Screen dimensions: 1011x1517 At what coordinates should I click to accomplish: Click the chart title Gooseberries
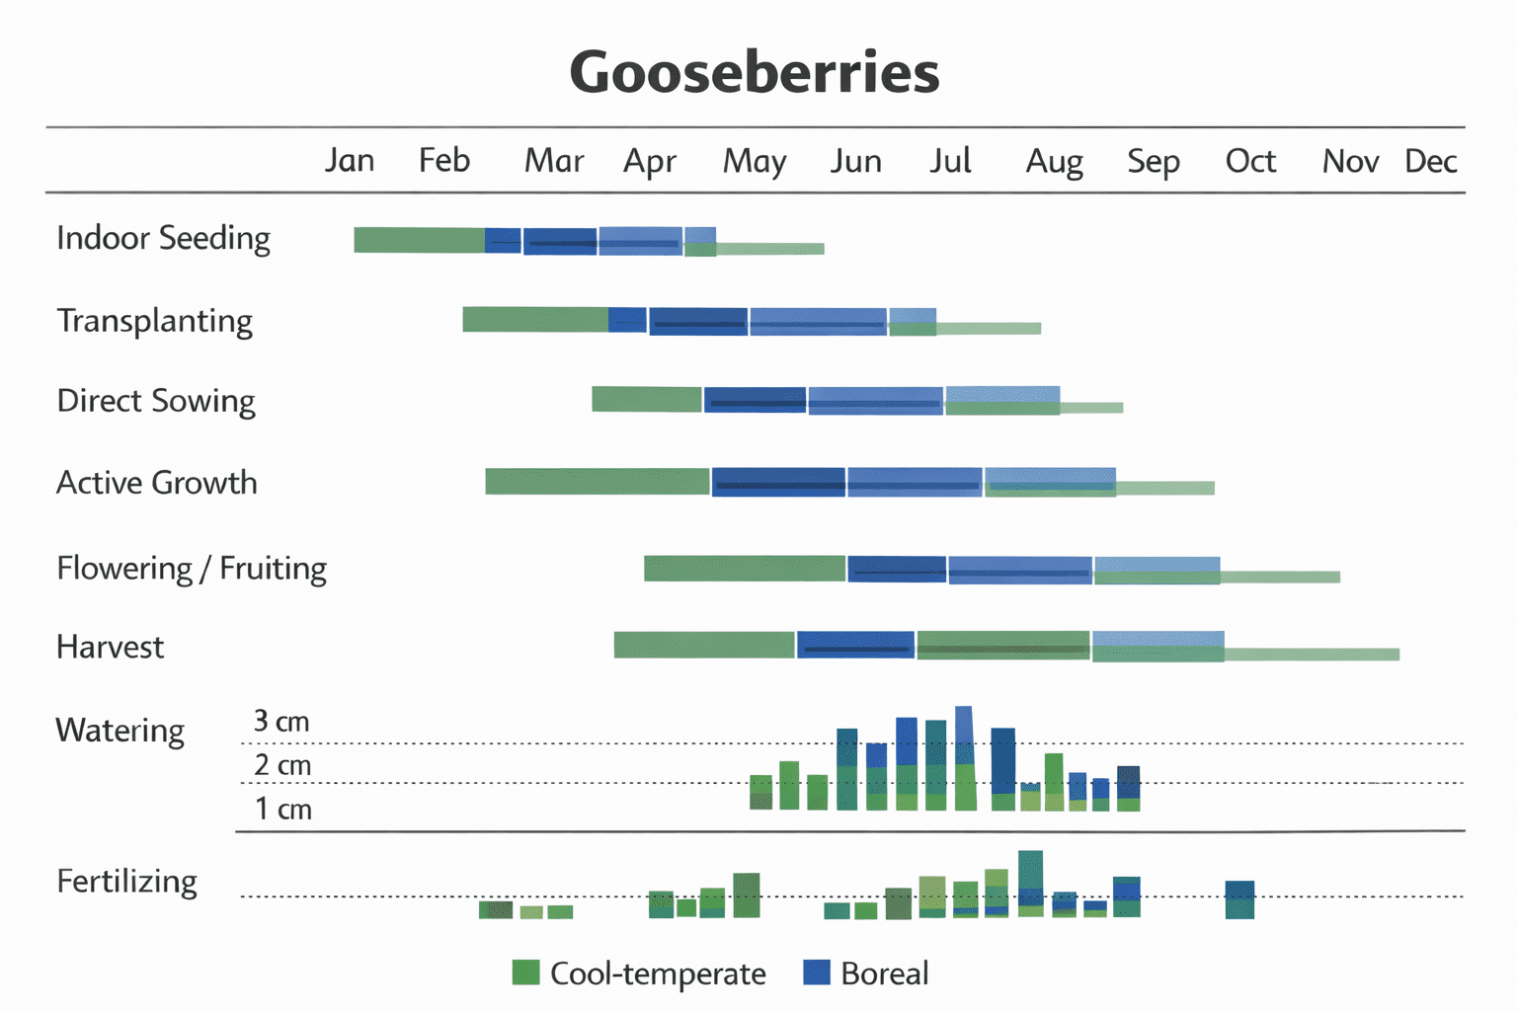755,73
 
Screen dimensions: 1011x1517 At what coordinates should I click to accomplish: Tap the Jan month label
350,161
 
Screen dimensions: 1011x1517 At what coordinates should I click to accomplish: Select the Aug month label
1054,161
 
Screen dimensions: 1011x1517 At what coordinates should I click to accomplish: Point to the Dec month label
1430,161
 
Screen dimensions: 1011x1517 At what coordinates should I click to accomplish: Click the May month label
755,161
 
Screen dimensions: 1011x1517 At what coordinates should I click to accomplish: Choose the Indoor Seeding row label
163,238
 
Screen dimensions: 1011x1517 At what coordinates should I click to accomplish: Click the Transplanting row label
154,321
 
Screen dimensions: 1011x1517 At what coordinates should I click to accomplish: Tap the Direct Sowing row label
156,401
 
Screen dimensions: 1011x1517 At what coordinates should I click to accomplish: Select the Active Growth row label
156,483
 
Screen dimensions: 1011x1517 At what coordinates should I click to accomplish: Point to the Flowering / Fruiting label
192,569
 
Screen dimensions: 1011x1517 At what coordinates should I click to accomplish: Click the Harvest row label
110,648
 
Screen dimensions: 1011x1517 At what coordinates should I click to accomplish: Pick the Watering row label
120,731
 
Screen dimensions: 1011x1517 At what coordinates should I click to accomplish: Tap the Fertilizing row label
126,881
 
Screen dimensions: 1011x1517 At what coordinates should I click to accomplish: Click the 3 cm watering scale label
281,722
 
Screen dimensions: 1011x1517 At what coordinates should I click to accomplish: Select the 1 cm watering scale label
282,810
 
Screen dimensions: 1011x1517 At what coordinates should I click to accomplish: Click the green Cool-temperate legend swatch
526,972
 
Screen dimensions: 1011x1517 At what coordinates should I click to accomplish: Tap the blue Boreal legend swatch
817,972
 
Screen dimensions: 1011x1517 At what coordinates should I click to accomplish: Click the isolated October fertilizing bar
1239,899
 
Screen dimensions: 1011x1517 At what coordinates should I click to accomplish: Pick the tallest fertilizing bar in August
1030,883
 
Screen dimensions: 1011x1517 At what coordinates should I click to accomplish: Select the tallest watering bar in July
965,758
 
